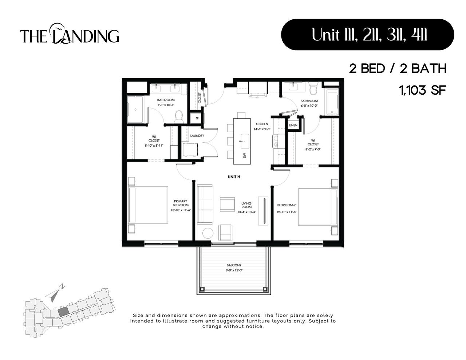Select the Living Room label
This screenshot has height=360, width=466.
point(246,205)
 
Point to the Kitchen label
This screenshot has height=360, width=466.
point(262,124)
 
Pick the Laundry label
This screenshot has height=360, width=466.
point(197,136)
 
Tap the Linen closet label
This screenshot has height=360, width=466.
point(293,125)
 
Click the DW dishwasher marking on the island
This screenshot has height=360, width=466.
point(245,155)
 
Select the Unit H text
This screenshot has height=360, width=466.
point(234,177)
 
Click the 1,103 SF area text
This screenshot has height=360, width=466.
point(423,90)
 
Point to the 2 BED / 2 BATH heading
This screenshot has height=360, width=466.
point(398,68)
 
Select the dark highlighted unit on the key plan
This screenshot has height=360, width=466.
point(63,310)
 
